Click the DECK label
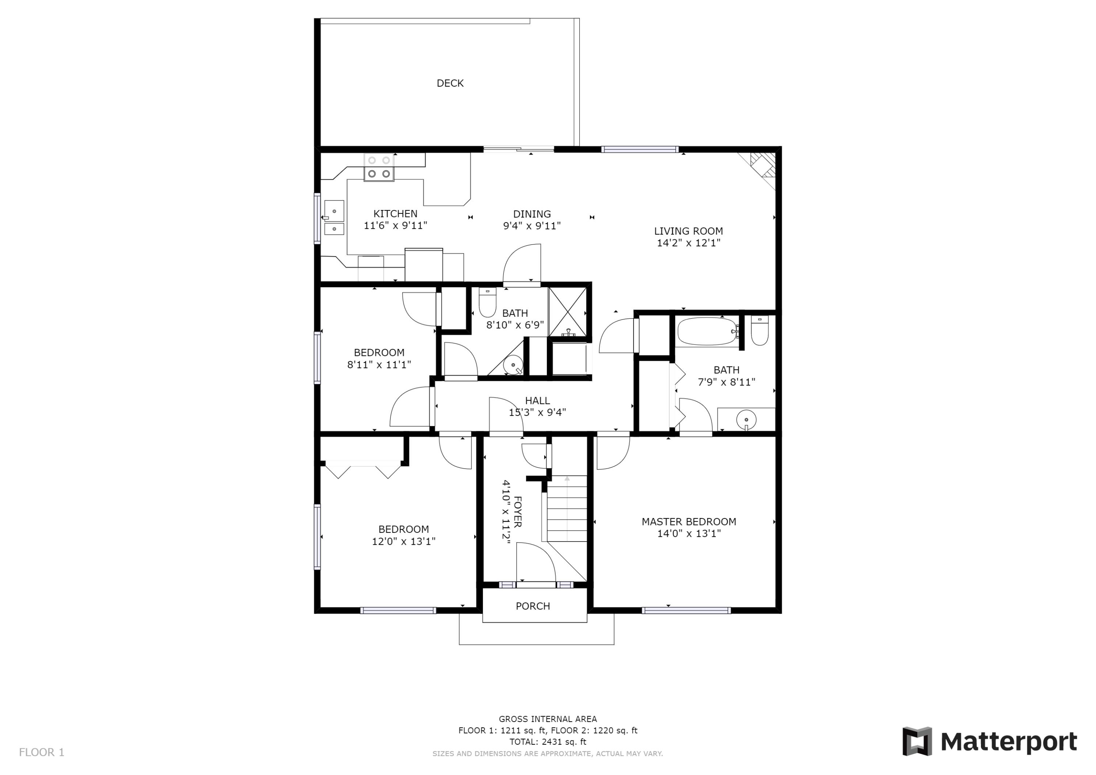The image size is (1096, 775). (x=450, y=83)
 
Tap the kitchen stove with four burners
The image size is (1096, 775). (x=379, y=167)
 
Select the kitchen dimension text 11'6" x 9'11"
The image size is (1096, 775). (x=395, y=226)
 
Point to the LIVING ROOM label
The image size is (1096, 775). (x=688, y=231)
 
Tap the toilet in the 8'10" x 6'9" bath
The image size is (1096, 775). (x=487, y=303)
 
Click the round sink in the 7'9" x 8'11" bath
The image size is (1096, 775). (x=746, y=420)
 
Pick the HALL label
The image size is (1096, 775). (x=537, y=400)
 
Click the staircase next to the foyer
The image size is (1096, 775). (x=567, y=509)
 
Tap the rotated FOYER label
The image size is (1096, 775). (x=517, y=512)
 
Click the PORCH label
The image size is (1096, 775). (x=533, y=606)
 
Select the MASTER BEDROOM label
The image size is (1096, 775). (x=688, y=522)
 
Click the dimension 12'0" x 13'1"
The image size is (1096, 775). (x=403, y=542)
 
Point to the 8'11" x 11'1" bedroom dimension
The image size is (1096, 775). (x=379, y=365)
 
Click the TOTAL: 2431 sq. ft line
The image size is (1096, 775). (x=548, y=742)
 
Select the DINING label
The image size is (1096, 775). (x=532, y=214)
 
